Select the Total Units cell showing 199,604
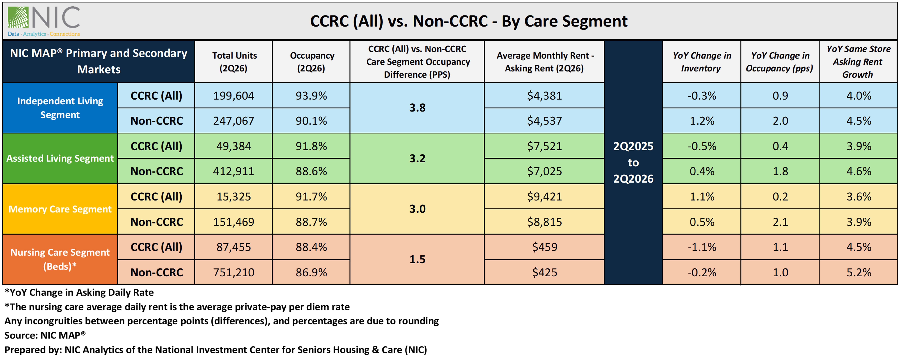(x=234, y=96)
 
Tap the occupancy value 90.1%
(x=311, y=121)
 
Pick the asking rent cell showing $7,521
(x=544, y=146)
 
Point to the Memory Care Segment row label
(x=60, y=209)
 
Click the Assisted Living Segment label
(x=60, y=158)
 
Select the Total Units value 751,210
(x=234, y=272)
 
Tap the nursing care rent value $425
(x=544, y=272)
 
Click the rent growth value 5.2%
(x=859, y=272)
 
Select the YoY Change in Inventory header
(x=702, y=62)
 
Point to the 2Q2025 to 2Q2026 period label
(x=633, y=162)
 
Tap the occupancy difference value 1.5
(x=417, y=260)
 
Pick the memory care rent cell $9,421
(x=544, y=196)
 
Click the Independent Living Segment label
(x=60, y=108)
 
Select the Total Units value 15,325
(x=234, y=196)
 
